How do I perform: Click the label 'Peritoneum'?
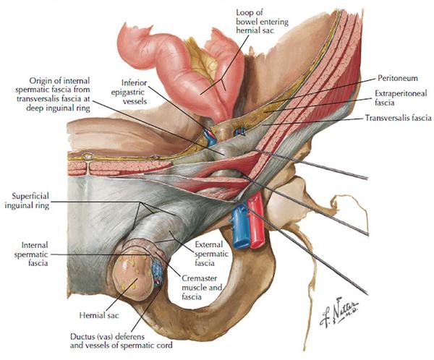(397, 78)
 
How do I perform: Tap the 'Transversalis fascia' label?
(399, 118)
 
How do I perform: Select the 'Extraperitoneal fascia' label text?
(401, 98)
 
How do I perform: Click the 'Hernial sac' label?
(99, 315)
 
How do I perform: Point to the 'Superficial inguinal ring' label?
(27, 201)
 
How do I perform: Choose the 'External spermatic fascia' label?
(212, 254)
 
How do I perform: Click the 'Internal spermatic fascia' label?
(31, 254)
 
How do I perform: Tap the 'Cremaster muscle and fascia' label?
(202, 287)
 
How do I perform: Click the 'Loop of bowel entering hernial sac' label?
(262, 21)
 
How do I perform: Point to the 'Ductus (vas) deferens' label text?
(107, 337)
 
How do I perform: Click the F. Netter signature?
(339, 313)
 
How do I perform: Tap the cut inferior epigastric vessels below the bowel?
(210, 136)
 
